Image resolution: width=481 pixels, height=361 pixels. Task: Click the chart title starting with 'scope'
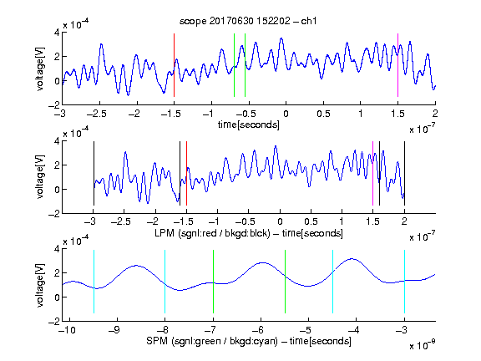(248, 21)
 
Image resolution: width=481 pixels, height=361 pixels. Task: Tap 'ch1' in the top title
(309, 21)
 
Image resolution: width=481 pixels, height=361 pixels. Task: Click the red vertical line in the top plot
(174, 65)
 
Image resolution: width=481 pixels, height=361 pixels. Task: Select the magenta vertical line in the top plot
(397, 65)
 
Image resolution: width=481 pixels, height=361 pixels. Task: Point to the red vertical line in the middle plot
(186, 174)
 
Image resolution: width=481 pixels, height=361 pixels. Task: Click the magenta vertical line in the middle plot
(372, 174)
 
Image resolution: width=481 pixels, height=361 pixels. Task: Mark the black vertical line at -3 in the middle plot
(94, 174)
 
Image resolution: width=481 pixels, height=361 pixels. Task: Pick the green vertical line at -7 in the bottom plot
(213, 282)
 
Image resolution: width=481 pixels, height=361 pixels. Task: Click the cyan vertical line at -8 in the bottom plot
(165, 282)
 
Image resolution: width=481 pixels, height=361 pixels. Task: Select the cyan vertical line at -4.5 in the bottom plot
(333, 282)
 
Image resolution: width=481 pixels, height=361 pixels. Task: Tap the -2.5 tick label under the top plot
(97, 114)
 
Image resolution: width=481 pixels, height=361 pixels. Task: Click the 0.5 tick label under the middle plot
(311, 221)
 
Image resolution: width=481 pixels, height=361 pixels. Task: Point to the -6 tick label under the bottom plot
(258, 330)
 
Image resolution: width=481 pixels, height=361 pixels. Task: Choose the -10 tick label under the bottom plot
(67, 330)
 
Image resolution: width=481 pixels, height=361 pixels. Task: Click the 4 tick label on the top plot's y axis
(57, 33)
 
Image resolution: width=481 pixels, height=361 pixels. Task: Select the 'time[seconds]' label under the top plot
(249, 125)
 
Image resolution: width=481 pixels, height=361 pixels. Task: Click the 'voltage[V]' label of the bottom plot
(40, 285)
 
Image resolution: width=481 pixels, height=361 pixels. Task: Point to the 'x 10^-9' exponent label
(423, 345)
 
